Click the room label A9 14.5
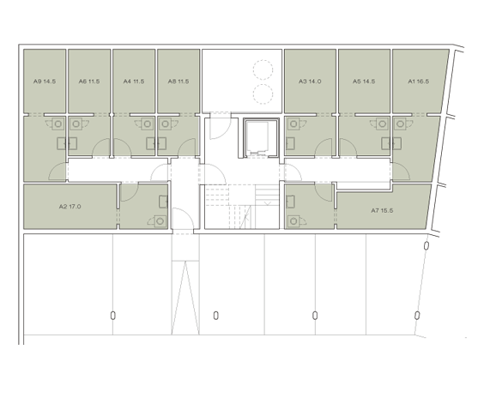(x=45, y=81)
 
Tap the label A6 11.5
(x=89, y=81)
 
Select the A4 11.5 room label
(x=133, y=81)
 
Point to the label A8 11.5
(x=178, y=81)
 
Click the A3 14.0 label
(x=310, y=81)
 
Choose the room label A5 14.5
(x=364, y=81)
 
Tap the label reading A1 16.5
(x=418, y=81)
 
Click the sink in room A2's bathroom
(x=161, y=221)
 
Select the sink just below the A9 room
(x=59, y=124)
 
